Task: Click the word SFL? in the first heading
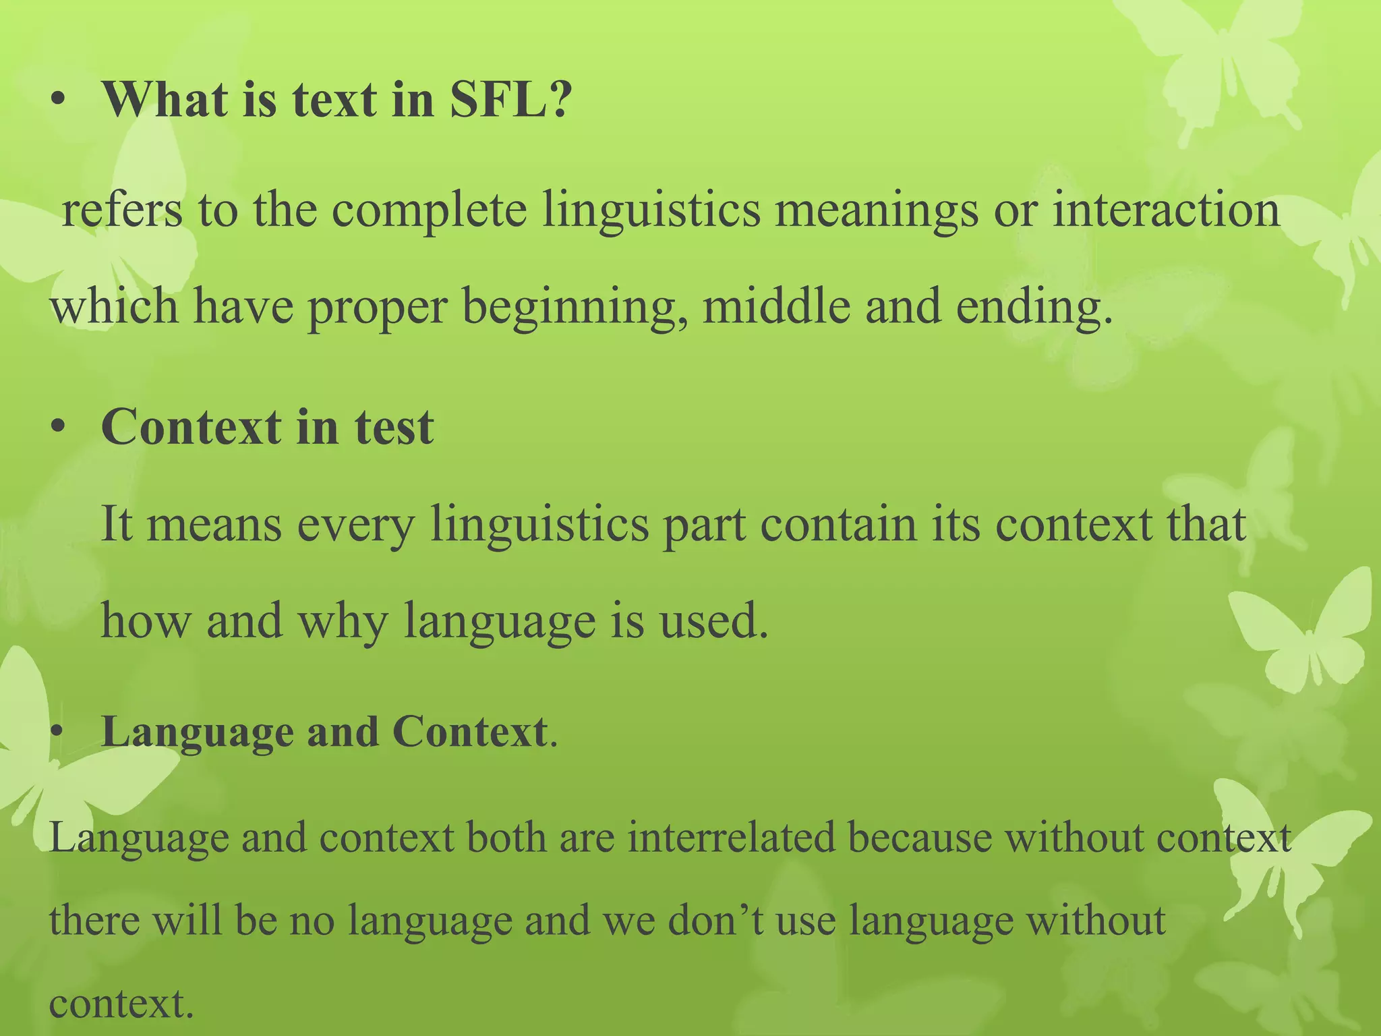510,100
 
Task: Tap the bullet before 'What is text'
59,101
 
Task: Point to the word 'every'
355,525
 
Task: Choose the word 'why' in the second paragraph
343,622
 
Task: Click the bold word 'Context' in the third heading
470,732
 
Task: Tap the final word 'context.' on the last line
121,1003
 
